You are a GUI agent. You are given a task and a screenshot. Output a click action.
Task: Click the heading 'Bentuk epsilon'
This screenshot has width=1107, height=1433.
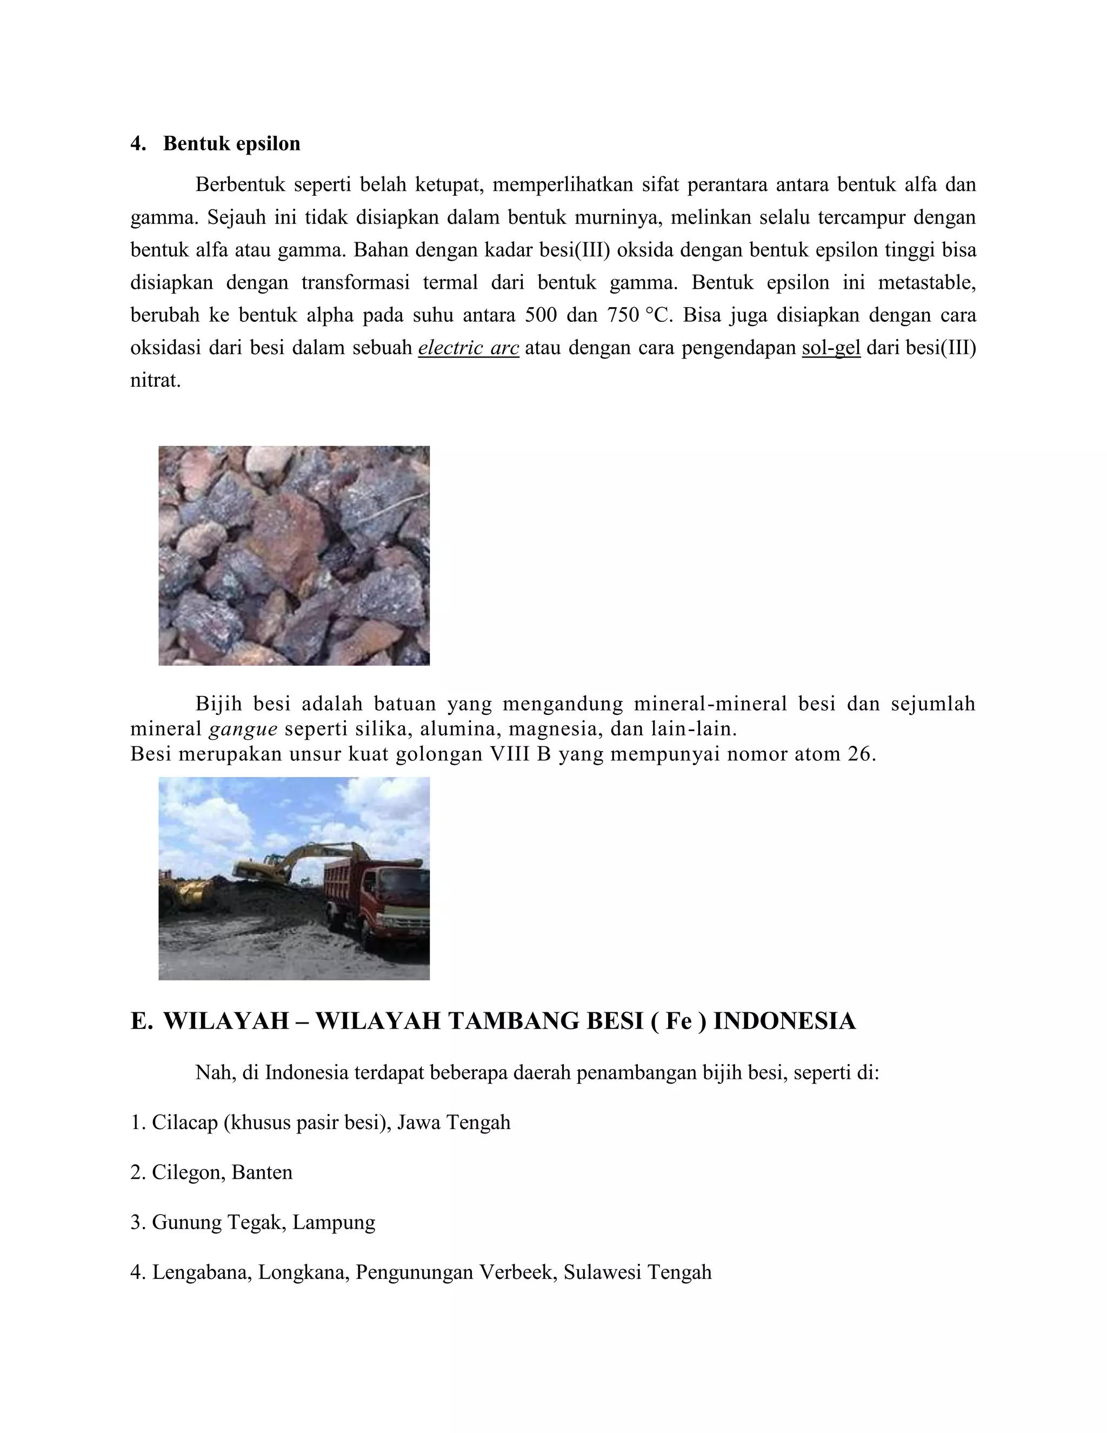tap(231, 144)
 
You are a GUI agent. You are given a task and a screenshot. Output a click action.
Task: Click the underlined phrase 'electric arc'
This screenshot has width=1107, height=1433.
tap(468, 348)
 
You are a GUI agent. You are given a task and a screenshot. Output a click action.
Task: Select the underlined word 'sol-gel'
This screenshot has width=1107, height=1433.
tap(830, 348)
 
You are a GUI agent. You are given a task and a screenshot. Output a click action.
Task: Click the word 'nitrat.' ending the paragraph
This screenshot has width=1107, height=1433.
tap(156, 381)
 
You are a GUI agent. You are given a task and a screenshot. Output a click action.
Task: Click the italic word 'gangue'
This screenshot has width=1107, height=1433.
tap(243, 729)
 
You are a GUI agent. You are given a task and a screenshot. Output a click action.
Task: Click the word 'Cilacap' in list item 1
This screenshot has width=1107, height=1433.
tap(185, 1123)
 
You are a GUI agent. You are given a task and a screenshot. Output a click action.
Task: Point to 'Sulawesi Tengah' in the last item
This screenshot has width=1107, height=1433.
tap(637, 1272)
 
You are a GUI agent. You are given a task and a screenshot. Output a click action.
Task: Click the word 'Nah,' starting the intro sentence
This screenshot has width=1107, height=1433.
tap(215, 1073)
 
